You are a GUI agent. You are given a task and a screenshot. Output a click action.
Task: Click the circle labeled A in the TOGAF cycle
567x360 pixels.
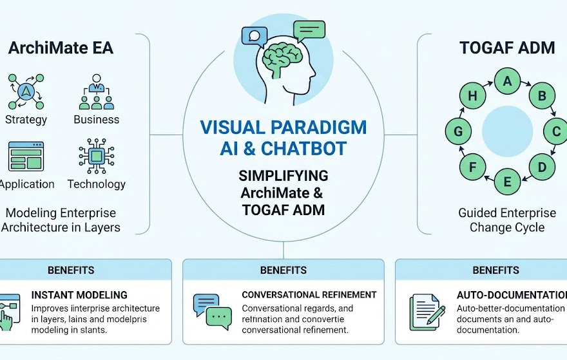pos(507,81)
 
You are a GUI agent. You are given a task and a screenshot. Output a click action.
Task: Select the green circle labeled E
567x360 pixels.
pos(507,182)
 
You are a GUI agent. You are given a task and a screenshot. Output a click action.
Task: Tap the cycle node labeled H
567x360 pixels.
pos(473,97)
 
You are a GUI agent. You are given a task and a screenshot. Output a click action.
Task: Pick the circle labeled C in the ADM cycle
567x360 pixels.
pos(555,132)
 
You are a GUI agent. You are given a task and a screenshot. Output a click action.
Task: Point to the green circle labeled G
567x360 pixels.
pos(459,132)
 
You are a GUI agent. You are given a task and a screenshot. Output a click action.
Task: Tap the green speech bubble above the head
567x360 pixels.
pos(309,30)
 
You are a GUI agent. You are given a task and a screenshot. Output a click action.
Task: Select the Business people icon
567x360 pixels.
pos(96,92)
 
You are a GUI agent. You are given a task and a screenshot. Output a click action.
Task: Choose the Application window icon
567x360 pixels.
pos(26,156)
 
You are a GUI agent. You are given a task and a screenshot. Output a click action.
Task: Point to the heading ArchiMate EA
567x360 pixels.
pos(61,48)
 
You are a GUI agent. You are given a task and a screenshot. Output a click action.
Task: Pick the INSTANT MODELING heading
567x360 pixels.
pos(79,295)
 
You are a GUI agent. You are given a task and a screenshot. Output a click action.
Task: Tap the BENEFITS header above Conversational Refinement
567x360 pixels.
pos(283,270)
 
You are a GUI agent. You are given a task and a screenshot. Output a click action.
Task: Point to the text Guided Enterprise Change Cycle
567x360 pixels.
pos(507,220)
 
